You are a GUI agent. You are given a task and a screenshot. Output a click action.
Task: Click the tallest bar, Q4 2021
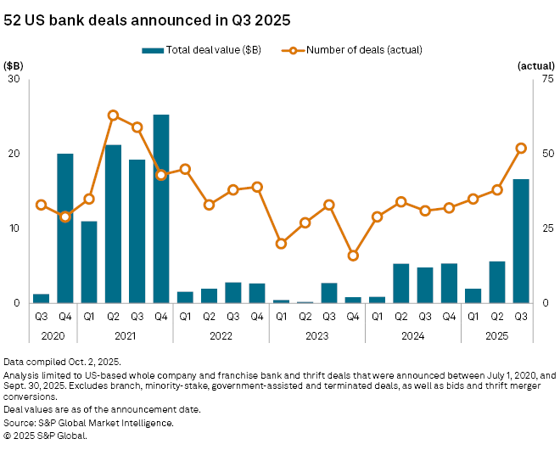(x=161, y=209)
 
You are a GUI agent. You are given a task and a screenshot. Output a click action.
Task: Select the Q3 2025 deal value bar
(x=521, y=241)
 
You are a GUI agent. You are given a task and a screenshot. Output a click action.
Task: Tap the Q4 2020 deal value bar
(x=65, y=228)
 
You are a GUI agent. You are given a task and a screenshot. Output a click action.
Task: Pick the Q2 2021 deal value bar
(x=113, y=224)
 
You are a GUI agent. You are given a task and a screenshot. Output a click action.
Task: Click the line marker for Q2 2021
(x=113, y=115)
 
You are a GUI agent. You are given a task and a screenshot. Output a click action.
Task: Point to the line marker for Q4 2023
(x=353, y=256)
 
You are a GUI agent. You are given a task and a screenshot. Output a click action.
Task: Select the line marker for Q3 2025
(x=521, y=148)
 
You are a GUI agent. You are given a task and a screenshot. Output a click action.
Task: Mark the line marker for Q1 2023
(x=281, y=244)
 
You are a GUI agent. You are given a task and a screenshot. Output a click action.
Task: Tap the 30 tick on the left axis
(x=14, y=79)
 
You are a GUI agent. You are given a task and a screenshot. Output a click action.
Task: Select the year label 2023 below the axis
(x=316, y=335)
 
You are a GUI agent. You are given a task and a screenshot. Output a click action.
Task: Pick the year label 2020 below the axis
(x=53, y=335)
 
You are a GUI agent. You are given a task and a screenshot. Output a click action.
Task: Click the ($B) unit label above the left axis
(x=14, y=65)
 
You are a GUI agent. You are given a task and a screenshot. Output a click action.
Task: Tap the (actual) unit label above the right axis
(x=535, y=65)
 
